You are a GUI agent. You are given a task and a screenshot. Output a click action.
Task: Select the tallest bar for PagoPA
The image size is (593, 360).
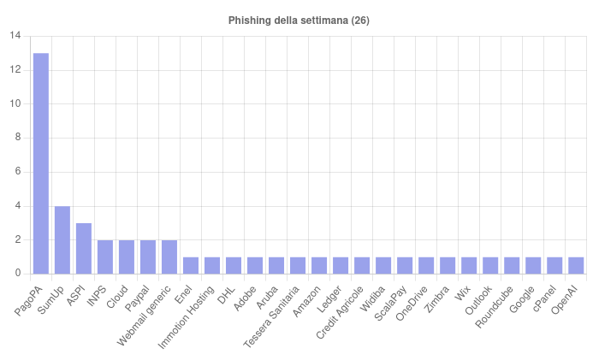coord(41,162)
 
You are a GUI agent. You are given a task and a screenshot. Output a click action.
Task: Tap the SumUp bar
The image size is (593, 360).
coord(62,239)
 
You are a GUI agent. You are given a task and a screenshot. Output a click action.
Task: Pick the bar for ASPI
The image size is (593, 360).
coord(84,248)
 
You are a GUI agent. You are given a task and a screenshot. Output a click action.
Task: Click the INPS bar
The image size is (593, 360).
coord(105,257)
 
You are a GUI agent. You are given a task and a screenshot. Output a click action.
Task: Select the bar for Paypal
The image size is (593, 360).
coord(148,257)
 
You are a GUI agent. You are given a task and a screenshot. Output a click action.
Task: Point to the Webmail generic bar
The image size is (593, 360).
coord(169,257)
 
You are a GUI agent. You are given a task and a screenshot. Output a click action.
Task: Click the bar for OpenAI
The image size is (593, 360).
coord(576,265)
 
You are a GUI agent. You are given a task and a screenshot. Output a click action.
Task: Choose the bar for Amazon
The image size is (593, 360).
coord(319,265)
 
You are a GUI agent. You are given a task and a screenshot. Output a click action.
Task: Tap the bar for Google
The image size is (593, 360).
coord(533,265)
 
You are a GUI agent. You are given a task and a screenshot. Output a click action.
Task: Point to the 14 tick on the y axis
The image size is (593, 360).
coord(15,36)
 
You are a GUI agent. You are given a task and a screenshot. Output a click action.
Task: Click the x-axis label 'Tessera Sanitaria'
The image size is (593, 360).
coord(272,316)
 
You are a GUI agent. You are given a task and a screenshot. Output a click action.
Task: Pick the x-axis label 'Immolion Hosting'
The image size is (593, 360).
coord(187,316)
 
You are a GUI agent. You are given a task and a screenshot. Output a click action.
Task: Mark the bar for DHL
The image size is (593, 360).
coord(234,265)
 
